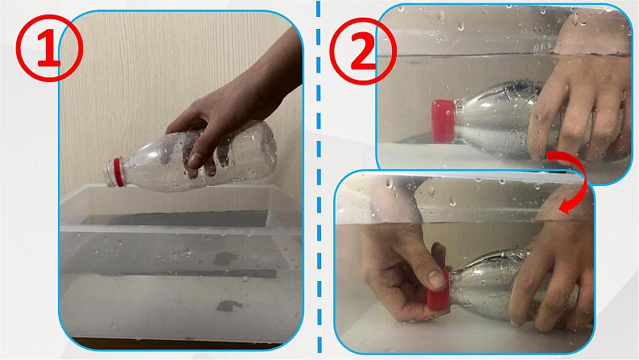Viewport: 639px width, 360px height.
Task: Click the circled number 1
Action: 49,48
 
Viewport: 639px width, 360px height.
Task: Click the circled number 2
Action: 362,52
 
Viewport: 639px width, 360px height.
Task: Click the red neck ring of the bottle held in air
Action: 118,172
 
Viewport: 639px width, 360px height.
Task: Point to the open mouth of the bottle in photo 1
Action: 107,174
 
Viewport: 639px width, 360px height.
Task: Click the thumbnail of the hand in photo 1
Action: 195,159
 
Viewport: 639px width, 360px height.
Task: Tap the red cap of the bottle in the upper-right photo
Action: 443,121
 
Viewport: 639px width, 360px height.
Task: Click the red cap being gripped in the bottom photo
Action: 437,290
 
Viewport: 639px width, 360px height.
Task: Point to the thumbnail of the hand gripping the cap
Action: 436,279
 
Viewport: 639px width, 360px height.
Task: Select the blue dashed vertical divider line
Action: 319,180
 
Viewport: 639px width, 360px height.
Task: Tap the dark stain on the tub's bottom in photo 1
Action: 229,305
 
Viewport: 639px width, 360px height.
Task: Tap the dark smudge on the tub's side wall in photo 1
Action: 225,259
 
